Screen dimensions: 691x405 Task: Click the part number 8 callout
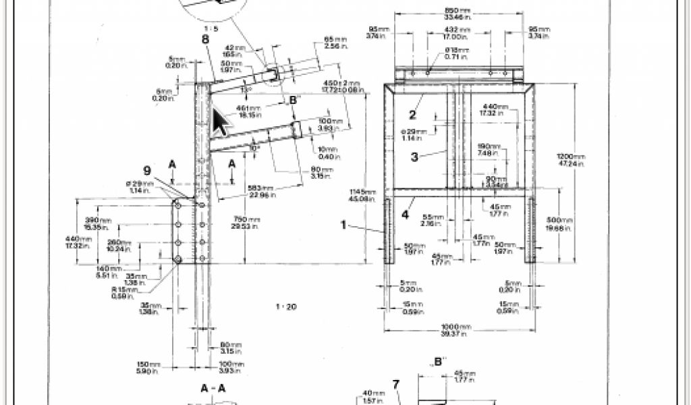(x=204, y=39)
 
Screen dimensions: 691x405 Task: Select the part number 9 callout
(x=147, y=171)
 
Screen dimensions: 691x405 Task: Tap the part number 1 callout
(x=343, y=225)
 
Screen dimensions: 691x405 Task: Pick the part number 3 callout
(x=415, y=157)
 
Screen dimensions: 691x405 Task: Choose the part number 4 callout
(x=404, y=215)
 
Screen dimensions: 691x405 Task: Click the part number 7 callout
(x=396, y=385)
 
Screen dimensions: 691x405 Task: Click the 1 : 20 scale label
(x=286, y=307)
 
